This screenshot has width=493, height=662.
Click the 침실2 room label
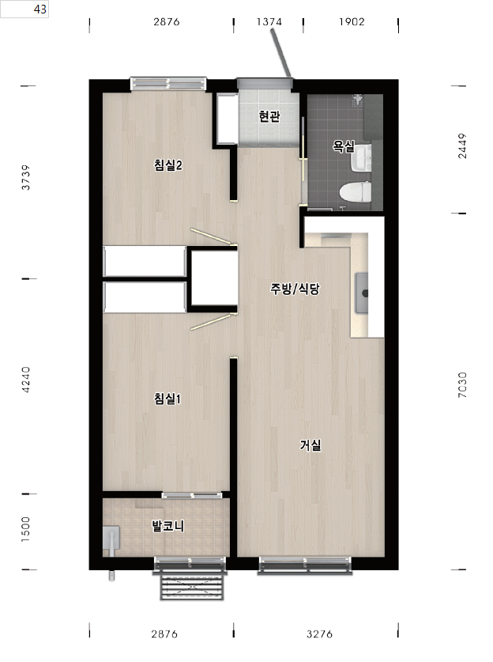point(167,165)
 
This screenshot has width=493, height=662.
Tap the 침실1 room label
point(167,398)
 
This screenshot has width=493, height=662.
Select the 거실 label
point(310,444)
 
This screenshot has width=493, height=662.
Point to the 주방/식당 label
point(295,289)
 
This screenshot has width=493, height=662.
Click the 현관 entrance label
point(269,116)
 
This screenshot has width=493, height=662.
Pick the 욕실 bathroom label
point(344,146)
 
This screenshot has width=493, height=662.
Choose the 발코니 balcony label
point(167,526)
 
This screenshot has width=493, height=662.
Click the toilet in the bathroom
point(356,192)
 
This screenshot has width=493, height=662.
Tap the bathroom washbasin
point(361,158)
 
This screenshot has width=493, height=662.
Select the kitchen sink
point(361,293)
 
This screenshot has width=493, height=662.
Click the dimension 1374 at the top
point(269,21)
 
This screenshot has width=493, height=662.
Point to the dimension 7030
point(463,384)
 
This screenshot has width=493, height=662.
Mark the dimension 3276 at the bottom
point(319,634)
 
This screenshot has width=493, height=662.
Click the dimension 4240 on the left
point(26,380)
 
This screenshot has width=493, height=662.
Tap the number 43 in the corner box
point(40,9)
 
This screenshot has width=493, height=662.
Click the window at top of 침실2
point(168,84)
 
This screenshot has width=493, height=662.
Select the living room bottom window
point(305,566)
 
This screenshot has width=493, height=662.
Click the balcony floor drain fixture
point(111,541)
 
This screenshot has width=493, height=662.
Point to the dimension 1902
point(352,21)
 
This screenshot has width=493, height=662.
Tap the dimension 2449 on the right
point(463,146)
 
